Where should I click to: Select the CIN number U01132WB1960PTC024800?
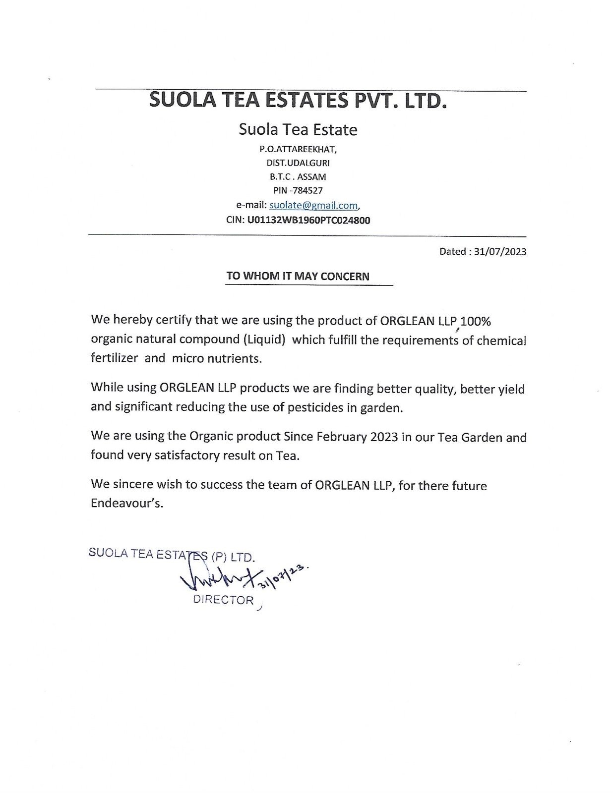click(308, 220)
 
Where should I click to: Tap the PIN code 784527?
click(307, 190)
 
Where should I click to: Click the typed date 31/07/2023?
click(500, 251)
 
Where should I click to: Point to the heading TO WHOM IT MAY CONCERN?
click(298, 276)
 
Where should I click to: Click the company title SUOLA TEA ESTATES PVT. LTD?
click(298, 101)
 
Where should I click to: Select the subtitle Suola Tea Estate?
click(298, 130)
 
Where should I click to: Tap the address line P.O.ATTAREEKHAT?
click(298, 149)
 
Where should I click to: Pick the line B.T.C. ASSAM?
click(298, 176)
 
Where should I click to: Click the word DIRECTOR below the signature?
click(223, 600)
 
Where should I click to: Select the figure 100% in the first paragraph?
click(476, 321)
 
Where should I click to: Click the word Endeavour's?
click(126, 504)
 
